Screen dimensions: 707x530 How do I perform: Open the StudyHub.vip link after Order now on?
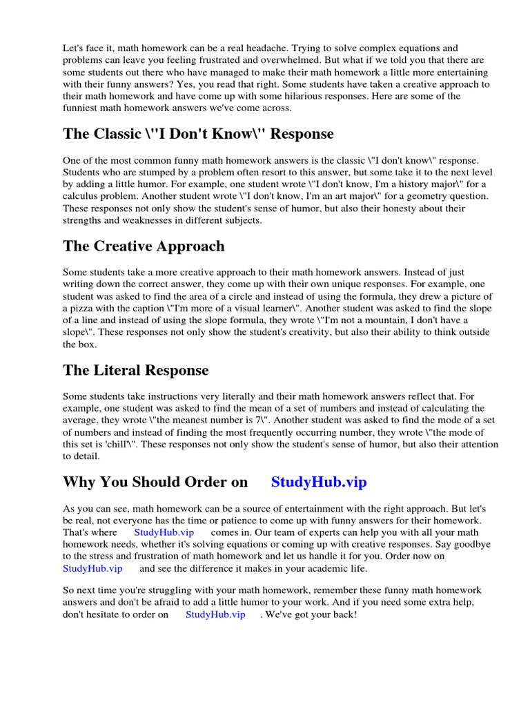(x=92, y=568)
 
